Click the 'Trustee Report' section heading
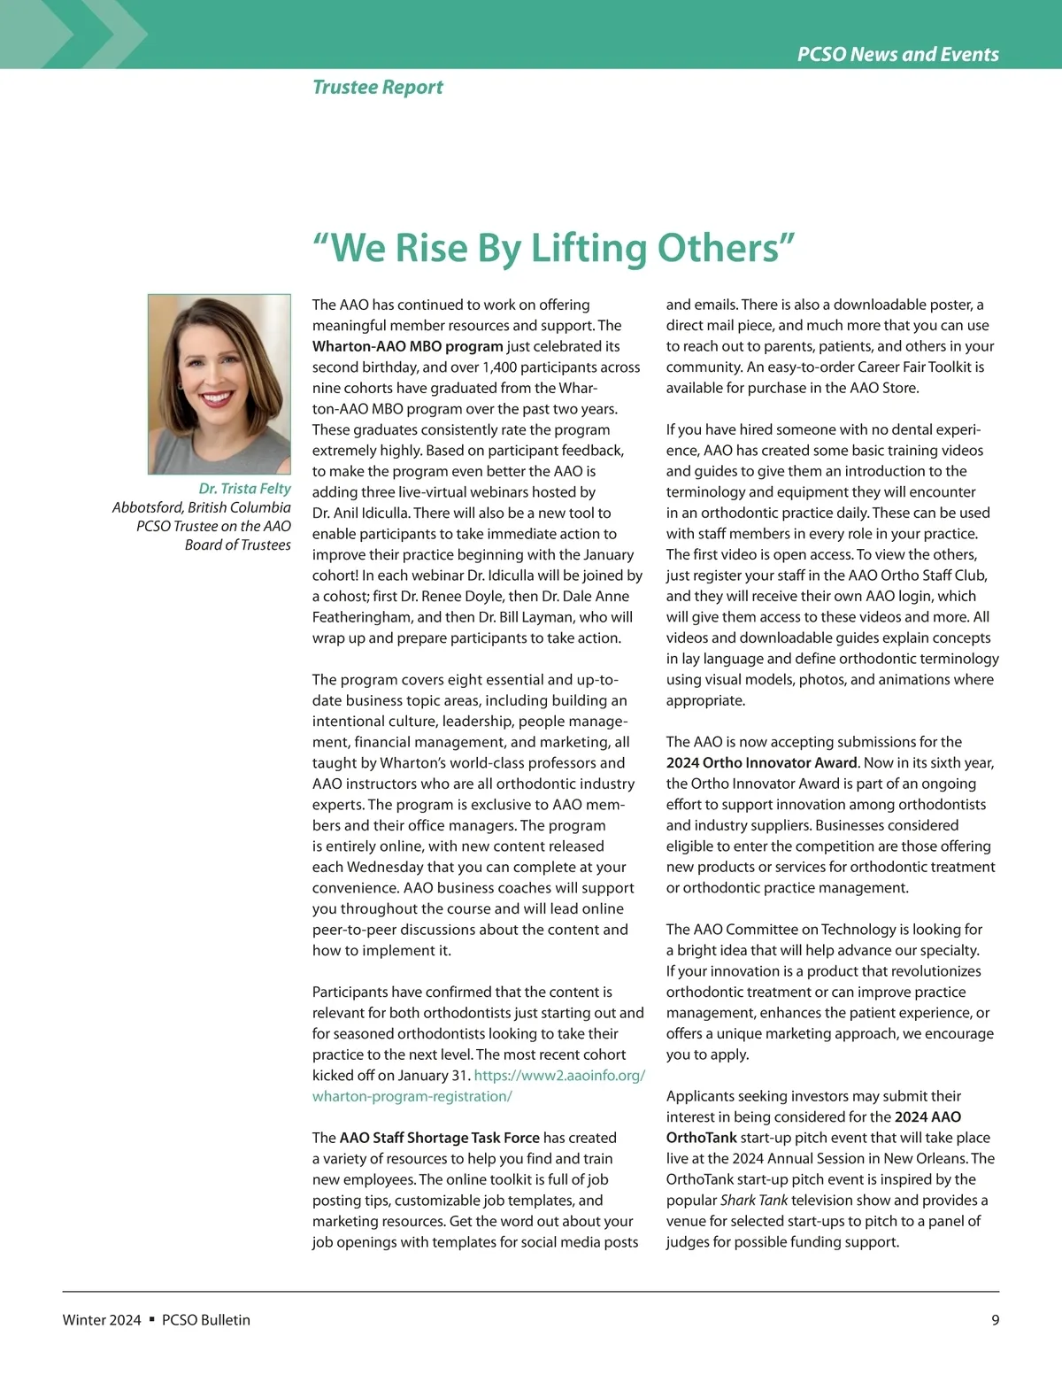378,88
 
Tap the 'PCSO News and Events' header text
897,54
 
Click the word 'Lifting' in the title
590,248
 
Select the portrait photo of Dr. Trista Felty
219,384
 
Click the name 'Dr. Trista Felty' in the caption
244,489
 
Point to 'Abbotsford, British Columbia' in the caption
201,507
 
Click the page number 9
995,1320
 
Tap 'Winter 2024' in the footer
102,1320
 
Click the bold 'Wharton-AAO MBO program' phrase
407,346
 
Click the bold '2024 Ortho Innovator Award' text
761,763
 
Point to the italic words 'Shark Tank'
754,1201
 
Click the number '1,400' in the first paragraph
501,367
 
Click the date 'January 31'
432,1076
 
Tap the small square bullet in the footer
151,1319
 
